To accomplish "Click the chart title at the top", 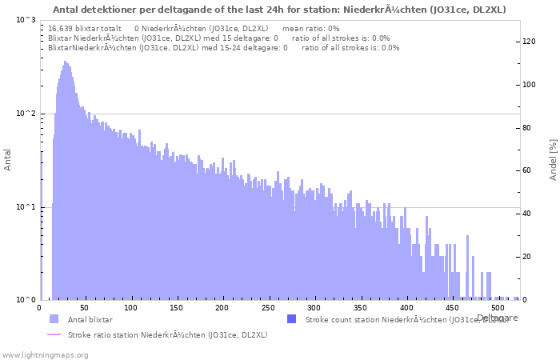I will (x=279, y=10).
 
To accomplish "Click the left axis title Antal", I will (x=8, y=160).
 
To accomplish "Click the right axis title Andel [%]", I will (x=553, y=160).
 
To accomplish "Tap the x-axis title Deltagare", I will (x=498, y=318).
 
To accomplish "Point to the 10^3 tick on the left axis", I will (x=26, y=20).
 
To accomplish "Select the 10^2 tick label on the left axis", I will (x=26, y=114).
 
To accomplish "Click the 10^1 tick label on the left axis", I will (x=26, y=207).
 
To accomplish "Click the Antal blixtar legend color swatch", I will (x=54, y=319).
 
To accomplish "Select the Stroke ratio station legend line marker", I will (x=54, y=334).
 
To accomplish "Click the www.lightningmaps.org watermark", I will (x=44, y=354).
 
